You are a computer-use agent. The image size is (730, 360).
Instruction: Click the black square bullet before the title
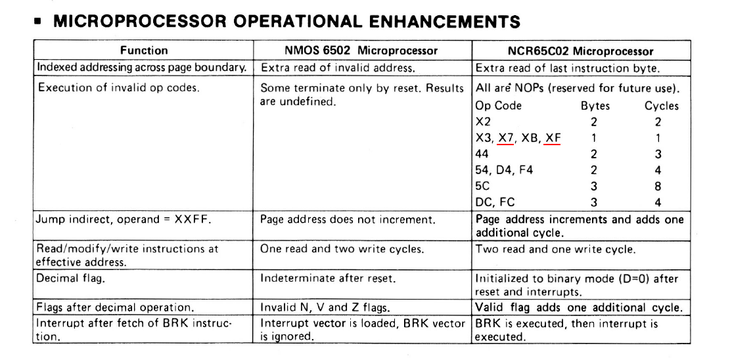[39, 22]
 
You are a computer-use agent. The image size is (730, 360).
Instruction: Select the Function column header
[143, 51]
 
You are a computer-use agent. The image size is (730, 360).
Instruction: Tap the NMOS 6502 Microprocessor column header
[361, 51]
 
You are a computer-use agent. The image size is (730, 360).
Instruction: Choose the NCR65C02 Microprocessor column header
[581, 51]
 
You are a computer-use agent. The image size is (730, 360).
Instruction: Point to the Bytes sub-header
[595, 106]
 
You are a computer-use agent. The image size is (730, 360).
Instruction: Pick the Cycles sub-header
[661, 106]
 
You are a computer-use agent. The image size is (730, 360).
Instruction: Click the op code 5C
[482, 186]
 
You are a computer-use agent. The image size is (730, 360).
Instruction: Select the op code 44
[482, 154]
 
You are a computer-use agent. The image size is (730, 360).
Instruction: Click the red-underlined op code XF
[553, 138]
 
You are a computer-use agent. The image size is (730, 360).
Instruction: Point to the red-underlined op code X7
[505, 138]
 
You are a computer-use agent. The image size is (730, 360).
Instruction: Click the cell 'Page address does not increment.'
[348, 219]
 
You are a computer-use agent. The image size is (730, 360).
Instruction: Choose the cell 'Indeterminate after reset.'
[328, 278]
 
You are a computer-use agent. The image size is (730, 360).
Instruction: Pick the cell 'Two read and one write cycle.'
[555, 249]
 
